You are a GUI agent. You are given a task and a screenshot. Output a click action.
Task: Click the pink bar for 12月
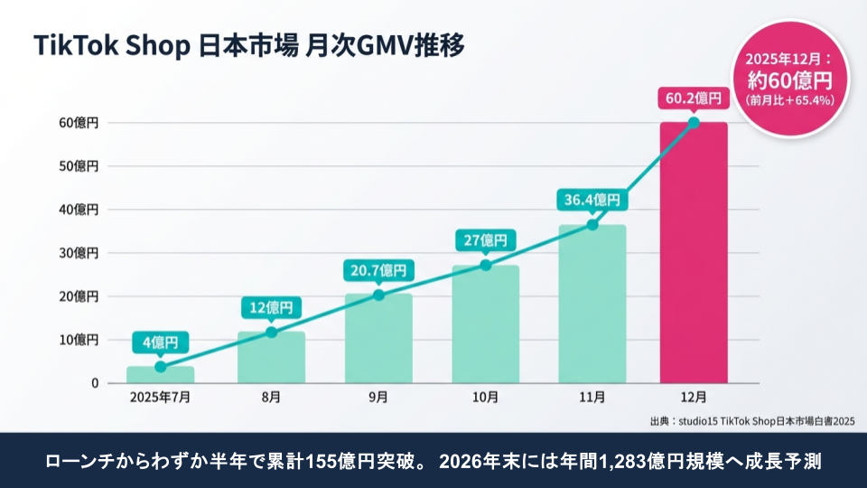pos(694,253)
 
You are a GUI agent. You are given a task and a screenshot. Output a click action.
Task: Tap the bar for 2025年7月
pos(160,374)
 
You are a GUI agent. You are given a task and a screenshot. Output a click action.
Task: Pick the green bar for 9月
pos(378,338)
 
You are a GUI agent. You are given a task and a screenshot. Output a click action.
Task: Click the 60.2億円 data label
pos(694,97)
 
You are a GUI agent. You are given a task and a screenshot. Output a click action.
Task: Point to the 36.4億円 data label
pos(592,199)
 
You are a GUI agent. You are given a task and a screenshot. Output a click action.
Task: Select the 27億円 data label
pos(486,240)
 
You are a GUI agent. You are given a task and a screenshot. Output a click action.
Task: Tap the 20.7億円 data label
pos(378,269)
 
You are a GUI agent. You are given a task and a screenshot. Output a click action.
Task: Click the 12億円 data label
pos(271,307)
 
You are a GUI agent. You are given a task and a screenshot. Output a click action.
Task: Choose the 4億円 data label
pos(161,343)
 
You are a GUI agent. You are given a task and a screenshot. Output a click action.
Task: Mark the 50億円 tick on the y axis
pos(79,166)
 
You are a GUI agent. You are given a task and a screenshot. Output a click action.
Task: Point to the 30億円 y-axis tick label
pos(79,253)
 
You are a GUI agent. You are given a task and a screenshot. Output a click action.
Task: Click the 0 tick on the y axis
pos(94,383)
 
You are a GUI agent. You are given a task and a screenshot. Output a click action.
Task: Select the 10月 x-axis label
pos(485,398)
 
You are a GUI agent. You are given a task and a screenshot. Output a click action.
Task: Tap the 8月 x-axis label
pos(271,398)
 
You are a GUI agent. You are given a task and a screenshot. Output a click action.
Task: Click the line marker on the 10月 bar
pos(485,265)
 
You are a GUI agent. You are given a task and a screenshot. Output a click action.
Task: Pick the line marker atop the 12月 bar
pos(694,123)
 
